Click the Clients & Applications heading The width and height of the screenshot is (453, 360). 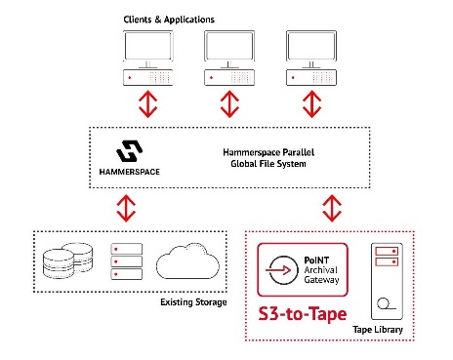(169, 20)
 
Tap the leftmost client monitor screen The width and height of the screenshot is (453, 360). (148, 46)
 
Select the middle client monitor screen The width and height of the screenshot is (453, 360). (229, 46)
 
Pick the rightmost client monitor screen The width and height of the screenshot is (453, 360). (311, 46)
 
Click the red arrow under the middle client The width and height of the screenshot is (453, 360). (229, 104)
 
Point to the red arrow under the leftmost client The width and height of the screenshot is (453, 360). (148, 104)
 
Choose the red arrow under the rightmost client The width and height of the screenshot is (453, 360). (312, 104)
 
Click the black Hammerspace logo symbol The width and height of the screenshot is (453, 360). (129, 151)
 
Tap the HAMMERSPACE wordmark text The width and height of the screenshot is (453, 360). (130, 172)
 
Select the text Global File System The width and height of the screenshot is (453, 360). (268, 164)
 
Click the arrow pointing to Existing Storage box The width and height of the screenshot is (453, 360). (126, 208)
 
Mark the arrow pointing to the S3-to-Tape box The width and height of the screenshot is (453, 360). (332, 208)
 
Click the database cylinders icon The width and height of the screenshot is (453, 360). (67, 260)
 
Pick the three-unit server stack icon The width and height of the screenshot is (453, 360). (127, 261)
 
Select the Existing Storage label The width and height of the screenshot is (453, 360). (193, 302)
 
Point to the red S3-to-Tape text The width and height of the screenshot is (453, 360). (303, 314)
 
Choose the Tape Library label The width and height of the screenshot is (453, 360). (378, 330)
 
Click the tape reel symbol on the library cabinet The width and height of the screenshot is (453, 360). (386, 303)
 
